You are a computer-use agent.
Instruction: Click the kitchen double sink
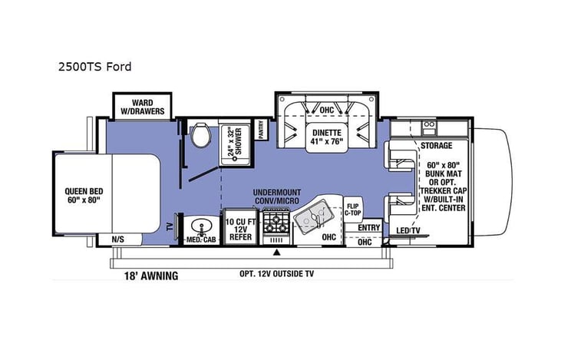pos(315,218)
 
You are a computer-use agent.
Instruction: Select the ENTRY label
pos(369,228)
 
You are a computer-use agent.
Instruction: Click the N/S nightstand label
pos(119,239)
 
